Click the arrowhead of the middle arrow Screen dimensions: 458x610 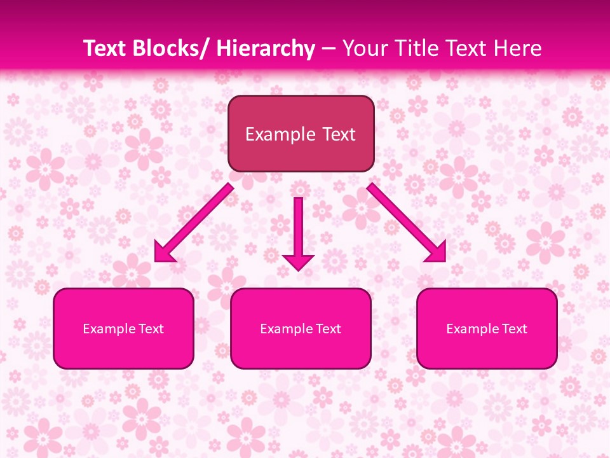[x=298, y=261]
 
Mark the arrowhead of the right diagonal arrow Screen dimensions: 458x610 [x=437, y=253]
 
